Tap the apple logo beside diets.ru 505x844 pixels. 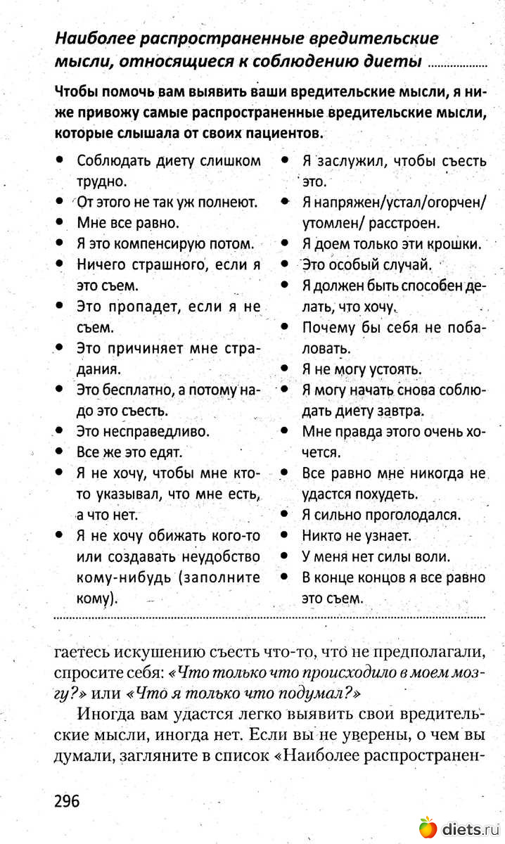pyautogui.click(x=428, y=828)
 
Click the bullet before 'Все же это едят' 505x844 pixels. pyautogui.click(x=61, y=452)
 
